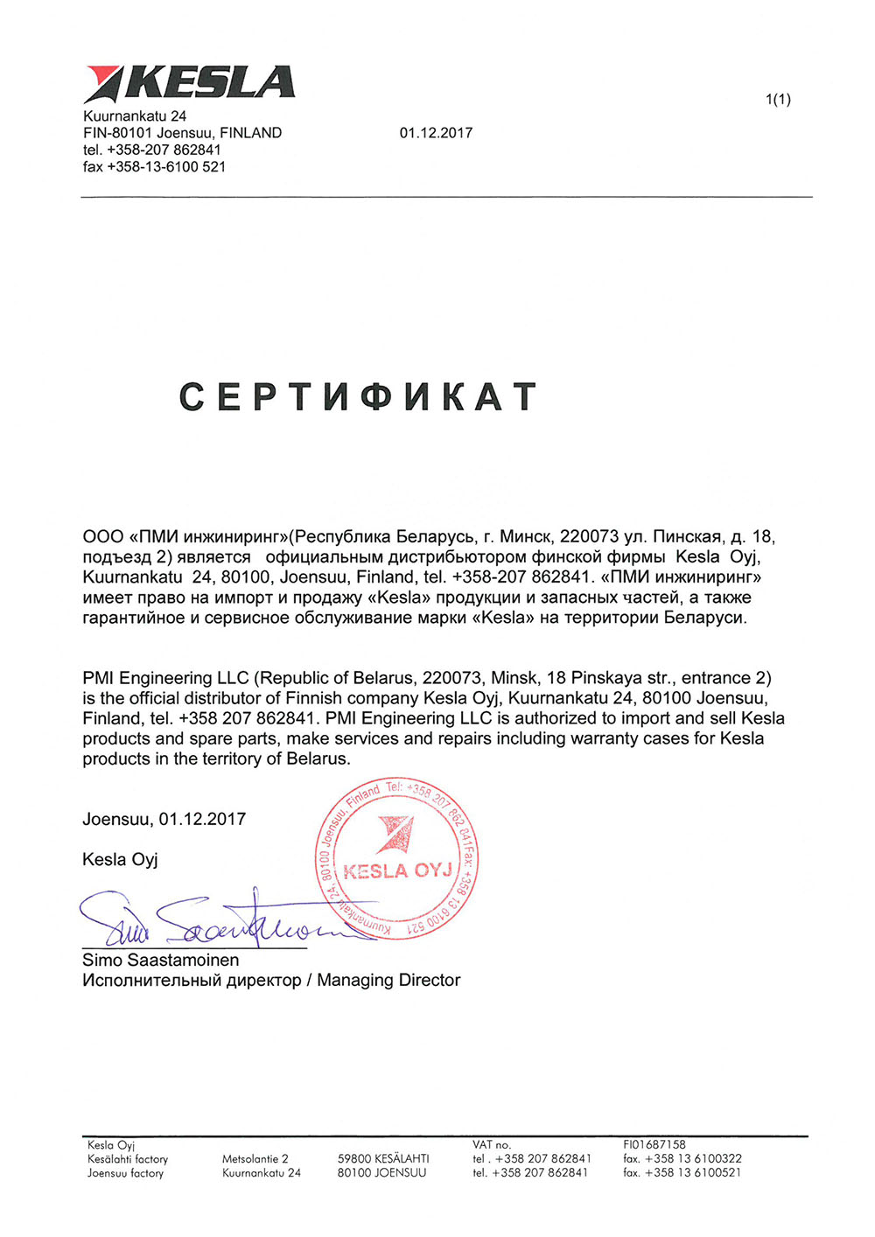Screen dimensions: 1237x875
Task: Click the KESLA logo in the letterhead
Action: coord(189,83)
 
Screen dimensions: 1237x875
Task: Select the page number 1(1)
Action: coord(778,100)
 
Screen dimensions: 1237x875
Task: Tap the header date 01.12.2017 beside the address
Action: coord(436,133)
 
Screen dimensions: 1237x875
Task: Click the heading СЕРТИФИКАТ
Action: coord(358,397)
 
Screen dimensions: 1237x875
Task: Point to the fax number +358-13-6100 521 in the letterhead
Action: coord(154,166)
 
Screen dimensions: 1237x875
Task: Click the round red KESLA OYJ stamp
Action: coord(396,860)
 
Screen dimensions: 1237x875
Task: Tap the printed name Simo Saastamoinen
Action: coord(161,960)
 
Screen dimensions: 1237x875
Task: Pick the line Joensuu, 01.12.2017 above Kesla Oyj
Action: coord(164,819)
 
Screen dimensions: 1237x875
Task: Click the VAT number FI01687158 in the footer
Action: coord(654,1144)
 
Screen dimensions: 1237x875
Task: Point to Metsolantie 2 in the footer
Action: coord(255,1158)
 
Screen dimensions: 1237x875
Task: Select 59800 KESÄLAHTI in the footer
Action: coord(383,1158)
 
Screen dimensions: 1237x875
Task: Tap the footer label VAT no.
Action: coord(492,1144)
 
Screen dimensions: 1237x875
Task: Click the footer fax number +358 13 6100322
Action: coord(682,1158)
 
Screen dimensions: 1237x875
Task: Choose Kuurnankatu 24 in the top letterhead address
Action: coord(135,116)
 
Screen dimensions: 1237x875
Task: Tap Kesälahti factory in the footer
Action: coord(128,1158)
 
